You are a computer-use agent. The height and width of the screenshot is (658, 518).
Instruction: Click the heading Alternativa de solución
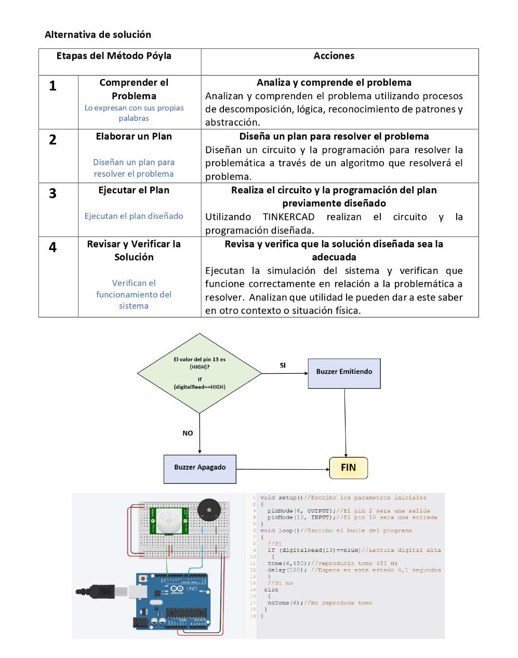[x=98, y=34]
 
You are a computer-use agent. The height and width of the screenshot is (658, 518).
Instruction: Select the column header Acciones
[x=334, y=56]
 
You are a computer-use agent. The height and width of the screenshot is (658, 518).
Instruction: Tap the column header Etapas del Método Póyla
[x=114, y=56]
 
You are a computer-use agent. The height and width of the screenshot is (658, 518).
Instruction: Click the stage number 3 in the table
[x=52, y=193]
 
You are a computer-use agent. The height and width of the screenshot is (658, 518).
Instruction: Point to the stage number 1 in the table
[x=52, y=86]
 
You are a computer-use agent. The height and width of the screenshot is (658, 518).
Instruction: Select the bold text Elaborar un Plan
[x=134, y=136]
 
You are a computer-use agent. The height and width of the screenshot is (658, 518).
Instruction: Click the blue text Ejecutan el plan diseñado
[x=134, y=216]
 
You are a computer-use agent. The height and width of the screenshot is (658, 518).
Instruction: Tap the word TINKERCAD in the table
[x=288, y=217]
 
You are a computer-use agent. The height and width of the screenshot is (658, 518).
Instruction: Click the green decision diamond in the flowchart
[x=200, y=373]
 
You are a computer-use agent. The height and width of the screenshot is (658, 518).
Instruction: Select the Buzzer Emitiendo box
[x=344, y=373]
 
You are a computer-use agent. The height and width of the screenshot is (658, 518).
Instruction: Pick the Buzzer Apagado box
[x=200, y=469]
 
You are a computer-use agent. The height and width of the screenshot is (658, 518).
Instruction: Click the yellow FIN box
[x=349, y=468]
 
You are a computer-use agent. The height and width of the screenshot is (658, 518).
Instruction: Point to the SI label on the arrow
[x=283, y=365]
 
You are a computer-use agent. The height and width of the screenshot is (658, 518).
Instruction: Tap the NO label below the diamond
[x=188, y=433]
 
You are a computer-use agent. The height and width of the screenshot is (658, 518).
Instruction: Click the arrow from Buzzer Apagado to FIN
[x=283, y=469]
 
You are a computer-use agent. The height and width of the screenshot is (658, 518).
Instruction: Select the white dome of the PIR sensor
[x=169, y=520]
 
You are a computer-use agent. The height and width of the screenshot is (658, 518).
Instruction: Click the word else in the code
[x=271, y=589]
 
